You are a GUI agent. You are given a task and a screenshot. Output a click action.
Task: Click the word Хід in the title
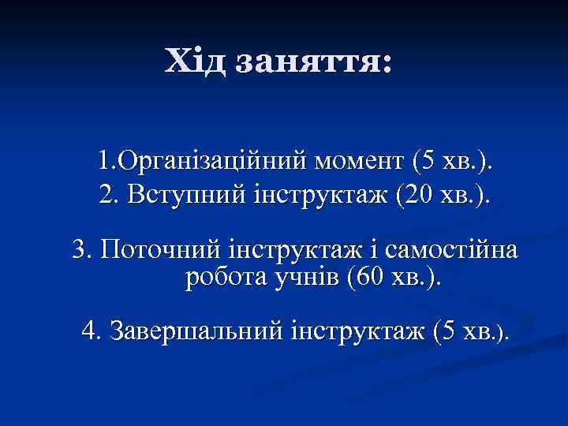tap(196, 62)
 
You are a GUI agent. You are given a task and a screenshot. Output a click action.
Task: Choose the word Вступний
tap(172, 192)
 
